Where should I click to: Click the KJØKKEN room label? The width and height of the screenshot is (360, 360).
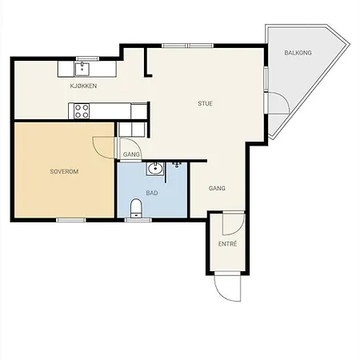click(x=83, y=86)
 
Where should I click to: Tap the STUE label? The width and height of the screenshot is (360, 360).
click(x=205, y=103)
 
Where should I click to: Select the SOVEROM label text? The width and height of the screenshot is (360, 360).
click(x=64, y=171)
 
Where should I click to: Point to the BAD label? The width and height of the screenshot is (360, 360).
click(x=152, y=193)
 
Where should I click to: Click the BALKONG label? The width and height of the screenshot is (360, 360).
click(x=298, y=53)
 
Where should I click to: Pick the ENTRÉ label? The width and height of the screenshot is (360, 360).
click(x=227, y=244)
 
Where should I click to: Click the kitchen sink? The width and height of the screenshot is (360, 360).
click(x=82, y=69)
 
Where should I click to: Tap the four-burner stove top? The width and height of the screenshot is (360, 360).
click(x=82, y=111)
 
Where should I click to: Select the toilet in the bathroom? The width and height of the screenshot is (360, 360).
click(x=136, y=208)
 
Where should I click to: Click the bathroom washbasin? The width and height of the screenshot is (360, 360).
click(x=154, y=169)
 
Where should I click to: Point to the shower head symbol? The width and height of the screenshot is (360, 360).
click(x=177, y=164)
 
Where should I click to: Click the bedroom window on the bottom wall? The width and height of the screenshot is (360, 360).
click(x=71, y=220)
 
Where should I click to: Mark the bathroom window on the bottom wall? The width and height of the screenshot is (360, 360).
click(x=138, y=220)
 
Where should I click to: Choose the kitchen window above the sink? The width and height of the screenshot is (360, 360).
click(x=87, y=58)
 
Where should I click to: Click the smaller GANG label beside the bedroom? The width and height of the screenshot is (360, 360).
click(x=131, y=154)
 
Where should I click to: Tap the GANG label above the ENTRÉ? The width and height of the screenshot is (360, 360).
click(x=217, y=188)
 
